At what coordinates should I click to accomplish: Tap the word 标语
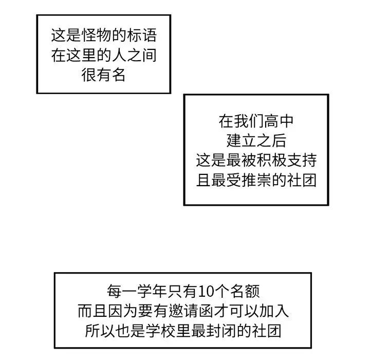[140, 37]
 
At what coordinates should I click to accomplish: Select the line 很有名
[103, 76]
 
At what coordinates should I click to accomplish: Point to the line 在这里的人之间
[103, 56]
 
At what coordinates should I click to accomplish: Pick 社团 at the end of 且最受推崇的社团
[301, 181]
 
